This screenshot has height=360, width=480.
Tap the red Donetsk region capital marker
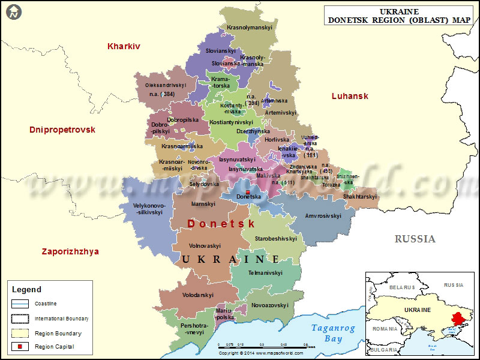click(x=248, y=192)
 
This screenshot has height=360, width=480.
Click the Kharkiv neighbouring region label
click(x=124, y=46)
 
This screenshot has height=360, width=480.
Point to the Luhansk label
click(x=350, y=96)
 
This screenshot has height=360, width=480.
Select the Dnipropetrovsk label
click(x=62, y=130)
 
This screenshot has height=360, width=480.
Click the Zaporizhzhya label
click(x=71, y=251)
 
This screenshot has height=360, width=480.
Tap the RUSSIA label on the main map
click(x=415, y=239)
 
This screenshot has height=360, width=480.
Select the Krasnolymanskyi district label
click(x=250, y=28)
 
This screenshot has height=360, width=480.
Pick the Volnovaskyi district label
click(x=205, y=245)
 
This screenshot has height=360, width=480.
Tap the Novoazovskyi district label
click(x=270, y=305)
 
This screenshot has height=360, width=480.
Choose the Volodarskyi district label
click(x=198, y=295)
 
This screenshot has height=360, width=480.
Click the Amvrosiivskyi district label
click(x=323, y=215)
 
